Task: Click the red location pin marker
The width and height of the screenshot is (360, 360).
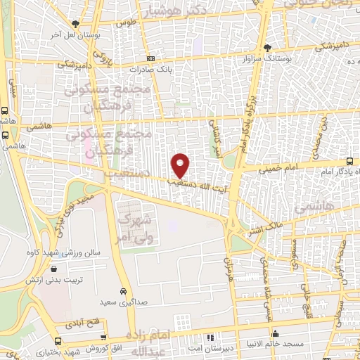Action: click(x=181, y=165)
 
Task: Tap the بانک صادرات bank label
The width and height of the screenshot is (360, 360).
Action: click(x=150, y=70)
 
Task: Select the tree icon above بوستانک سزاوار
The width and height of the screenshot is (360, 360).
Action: click(x=267, y=48)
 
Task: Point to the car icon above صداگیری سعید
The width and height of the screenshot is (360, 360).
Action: click(x=123, y=291)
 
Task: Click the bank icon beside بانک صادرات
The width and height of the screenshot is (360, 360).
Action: click(x=150, y=58)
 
